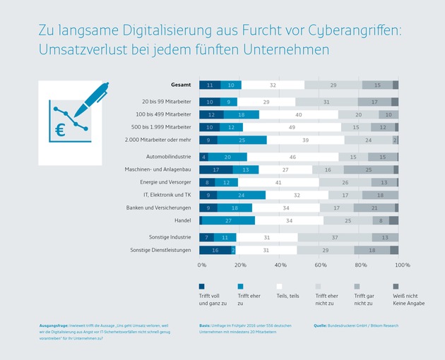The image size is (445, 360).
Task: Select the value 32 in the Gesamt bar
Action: point(273,85)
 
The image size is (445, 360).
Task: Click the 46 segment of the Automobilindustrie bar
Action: point(292,157)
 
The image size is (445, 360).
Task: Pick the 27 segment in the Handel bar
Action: point(228,220)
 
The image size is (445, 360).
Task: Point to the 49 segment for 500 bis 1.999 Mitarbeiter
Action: point(291,127)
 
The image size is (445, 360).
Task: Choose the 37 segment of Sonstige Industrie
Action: point(334,238)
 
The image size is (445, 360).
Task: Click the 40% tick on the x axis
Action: point(281,265)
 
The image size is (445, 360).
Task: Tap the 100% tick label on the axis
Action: point(402,265)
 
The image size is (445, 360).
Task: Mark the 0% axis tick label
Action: point(202,265)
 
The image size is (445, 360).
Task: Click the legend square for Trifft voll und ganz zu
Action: point(202,286)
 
